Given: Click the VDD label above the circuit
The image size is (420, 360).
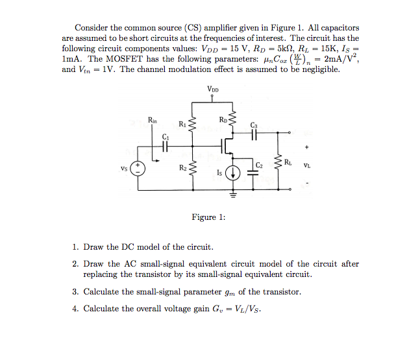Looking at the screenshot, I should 213,89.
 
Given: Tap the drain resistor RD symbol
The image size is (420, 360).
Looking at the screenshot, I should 233,122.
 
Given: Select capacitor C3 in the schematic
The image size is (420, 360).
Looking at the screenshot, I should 253,136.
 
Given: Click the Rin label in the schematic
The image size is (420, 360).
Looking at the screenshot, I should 152,120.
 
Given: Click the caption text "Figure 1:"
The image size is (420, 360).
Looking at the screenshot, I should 208,217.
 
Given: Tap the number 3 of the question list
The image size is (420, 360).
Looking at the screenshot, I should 75,292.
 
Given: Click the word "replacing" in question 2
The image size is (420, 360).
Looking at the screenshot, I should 102,274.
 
